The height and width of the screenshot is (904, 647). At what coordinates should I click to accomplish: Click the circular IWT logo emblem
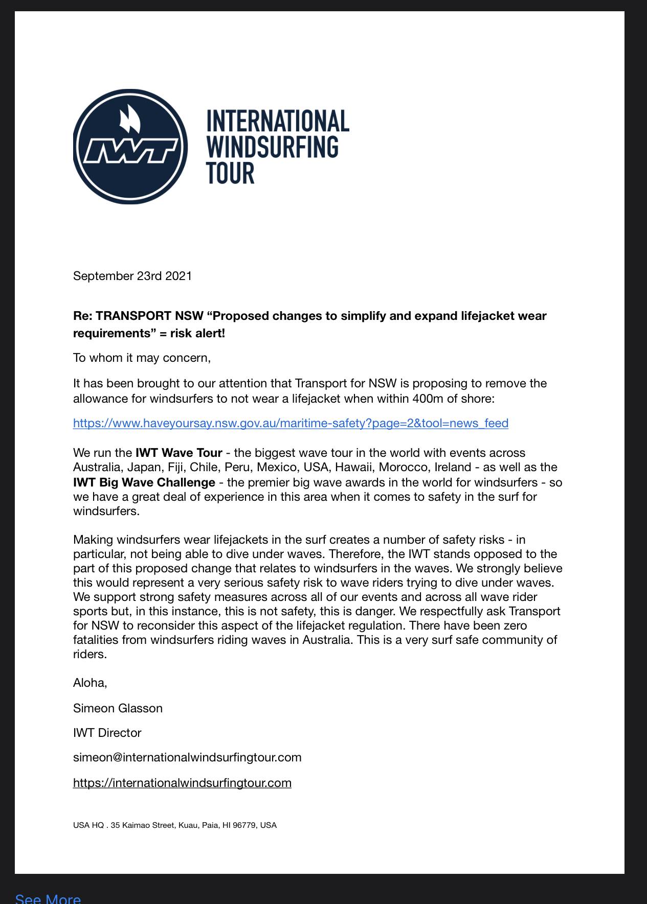point(130,147)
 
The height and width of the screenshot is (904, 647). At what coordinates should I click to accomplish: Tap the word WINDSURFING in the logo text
point(272,147)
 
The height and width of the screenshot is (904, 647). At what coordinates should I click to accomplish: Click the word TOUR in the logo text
point(230,173)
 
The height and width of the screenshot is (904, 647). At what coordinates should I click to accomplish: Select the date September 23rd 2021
point(132,276)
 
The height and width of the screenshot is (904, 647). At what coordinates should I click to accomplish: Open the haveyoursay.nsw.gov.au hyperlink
point(291,423)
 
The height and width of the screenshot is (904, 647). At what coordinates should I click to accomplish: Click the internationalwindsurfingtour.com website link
point(182,783)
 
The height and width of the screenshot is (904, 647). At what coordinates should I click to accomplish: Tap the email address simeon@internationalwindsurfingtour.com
point(187,757)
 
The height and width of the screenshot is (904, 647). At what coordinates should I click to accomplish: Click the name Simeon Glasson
point(118,708)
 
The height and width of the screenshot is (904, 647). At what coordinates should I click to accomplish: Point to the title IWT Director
point(107,733)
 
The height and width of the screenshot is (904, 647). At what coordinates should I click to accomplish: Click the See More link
point(48,898)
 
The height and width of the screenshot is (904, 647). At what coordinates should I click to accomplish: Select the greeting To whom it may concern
point(142,358)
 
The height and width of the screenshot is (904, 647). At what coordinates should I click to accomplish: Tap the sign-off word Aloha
point(90,683)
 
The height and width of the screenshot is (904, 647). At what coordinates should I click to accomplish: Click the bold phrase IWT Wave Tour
point(179,453)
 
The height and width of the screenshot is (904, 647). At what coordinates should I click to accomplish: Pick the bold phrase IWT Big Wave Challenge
point(144,482)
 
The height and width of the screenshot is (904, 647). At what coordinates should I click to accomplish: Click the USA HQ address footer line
point(174,825)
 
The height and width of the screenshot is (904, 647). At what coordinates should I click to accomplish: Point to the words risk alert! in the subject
point(197,333)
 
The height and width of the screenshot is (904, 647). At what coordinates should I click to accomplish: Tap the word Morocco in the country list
point(403,467)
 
